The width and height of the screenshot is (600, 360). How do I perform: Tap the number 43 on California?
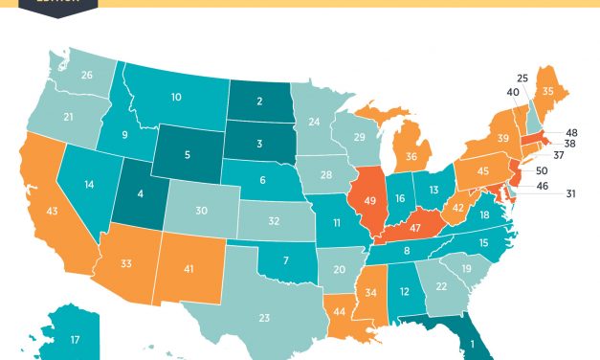point(52,210)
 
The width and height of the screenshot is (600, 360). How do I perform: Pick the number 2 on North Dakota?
point(259,102)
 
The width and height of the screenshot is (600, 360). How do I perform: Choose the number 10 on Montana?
point(177,97)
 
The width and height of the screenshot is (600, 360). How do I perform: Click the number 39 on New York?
point(501,139)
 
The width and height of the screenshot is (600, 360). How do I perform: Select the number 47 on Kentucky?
point(417,229)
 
